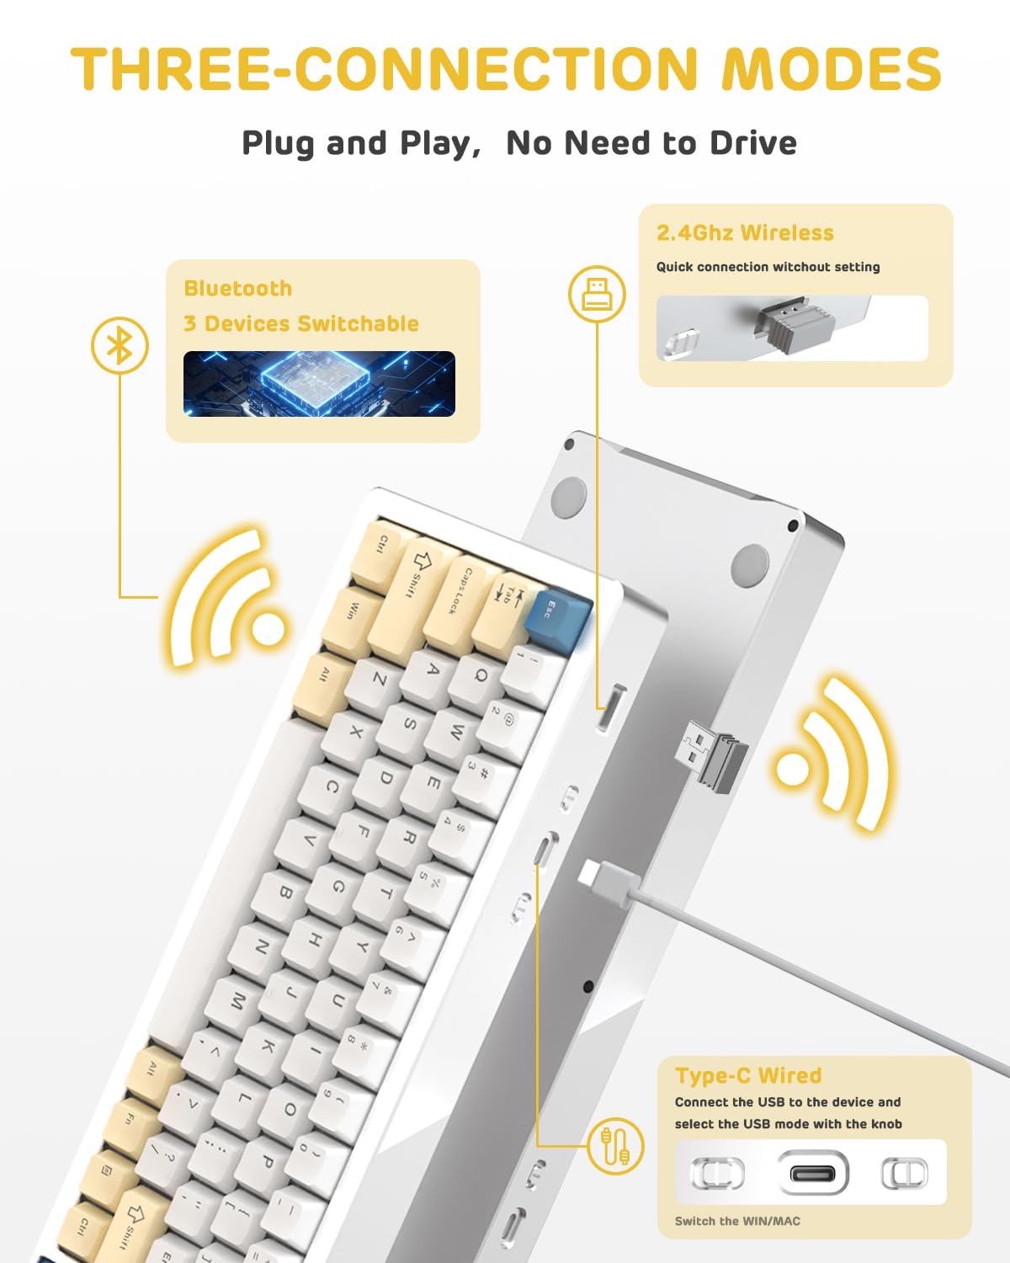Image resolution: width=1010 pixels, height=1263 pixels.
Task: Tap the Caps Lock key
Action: tap(459, 591)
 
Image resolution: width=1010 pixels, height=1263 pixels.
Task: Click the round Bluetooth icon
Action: tap(120, 345)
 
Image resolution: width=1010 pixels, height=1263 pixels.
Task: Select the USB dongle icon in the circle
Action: tap(597, 294)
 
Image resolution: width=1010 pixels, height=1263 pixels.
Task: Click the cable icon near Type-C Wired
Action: tap(615, 1146)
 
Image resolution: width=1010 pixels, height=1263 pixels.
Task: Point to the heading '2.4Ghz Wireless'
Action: tap(745, 233)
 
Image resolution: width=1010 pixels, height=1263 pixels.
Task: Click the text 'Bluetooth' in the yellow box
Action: tap(237, 289)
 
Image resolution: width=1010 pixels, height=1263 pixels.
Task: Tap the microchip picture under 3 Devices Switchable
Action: tap(319, 384)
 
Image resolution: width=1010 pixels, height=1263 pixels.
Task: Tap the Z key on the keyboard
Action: tap(380, 679)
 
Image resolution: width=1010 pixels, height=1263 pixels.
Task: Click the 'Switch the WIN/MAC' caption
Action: tap(737, 1221)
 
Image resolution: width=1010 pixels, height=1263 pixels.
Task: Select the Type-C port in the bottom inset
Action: tap(812, 1172)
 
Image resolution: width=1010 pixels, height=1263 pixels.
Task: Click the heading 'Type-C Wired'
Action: tap(748, 1075)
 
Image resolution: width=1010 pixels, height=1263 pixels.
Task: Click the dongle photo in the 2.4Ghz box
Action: tap(791, 328)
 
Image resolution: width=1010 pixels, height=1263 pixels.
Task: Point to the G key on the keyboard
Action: tap(338, 887)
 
